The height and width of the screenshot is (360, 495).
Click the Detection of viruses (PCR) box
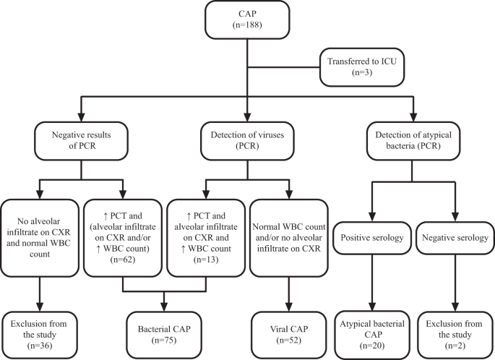point(248,140)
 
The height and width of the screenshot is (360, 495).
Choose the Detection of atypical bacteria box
point(413,140)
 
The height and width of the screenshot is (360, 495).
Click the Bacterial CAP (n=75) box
point(165,329)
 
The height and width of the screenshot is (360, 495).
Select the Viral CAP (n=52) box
point(289,329)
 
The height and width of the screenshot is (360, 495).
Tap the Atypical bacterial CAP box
point(371,329)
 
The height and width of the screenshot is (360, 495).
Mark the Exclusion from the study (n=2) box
point(454,329)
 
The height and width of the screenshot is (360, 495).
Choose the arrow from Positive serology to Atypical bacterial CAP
point(371,289)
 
